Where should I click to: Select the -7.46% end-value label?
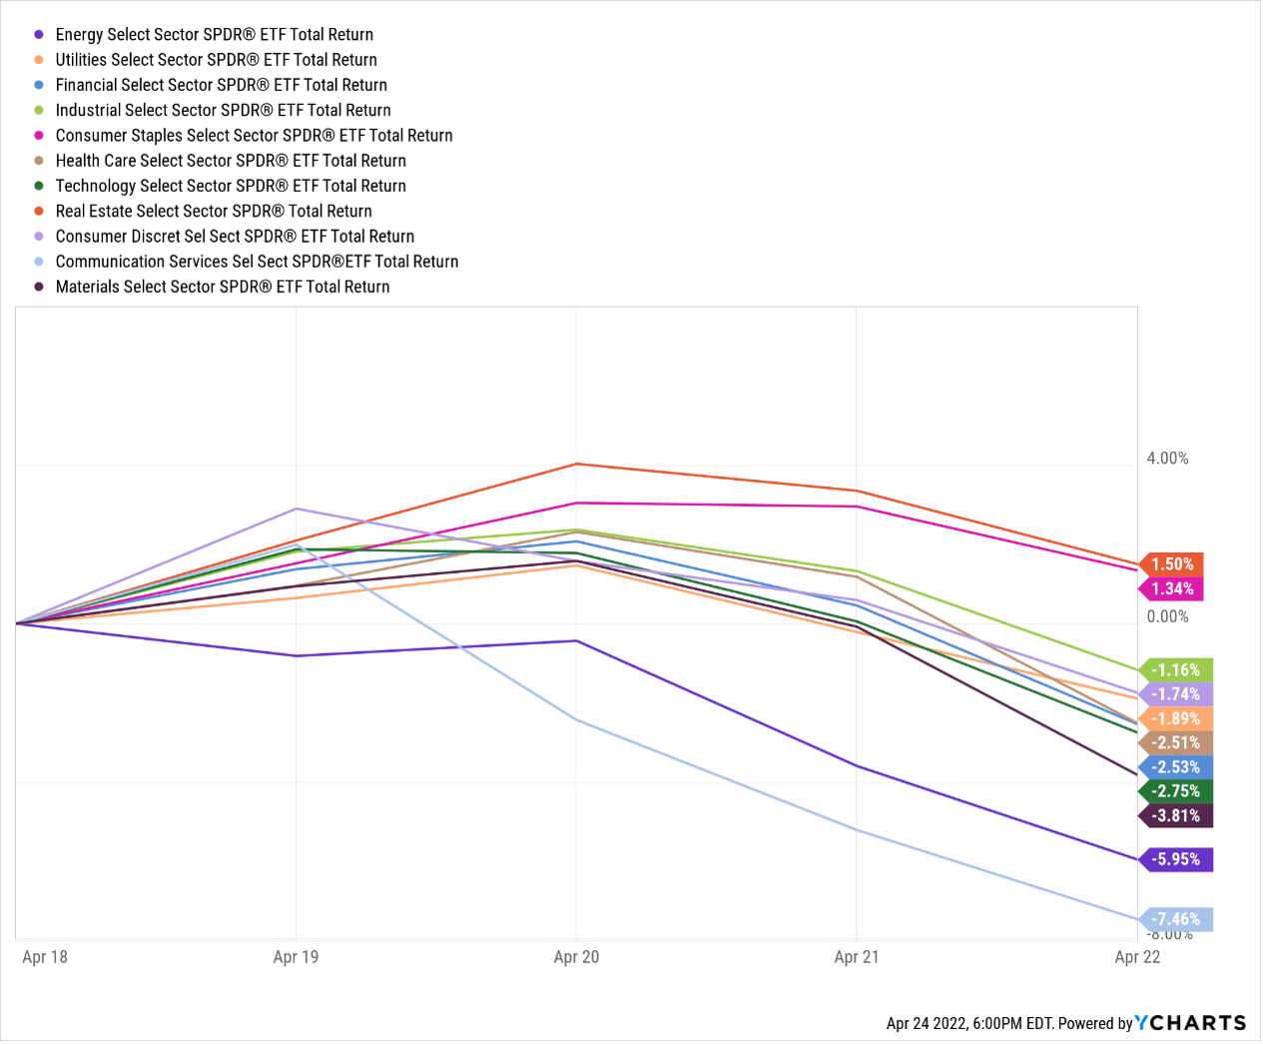pyautogui.click(x=1176, y=919)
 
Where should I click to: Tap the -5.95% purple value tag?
pyautogui.click(x=1176, y=859)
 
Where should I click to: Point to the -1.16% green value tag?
pyautogui.click(x=1176, y=670)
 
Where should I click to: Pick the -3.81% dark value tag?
pyautogui.click(x=1176, y=815)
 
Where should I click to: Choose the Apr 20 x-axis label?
pyautogui.click(x=576, y=957)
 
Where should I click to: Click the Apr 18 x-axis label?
pyautogui.click(x=45, y=957)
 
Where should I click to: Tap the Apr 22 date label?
pyautogui.click(x=1137, y=957)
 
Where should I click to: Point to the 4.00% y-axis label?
pyautogui.click(x=1167, y=459)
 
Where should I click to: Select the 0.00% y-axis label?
pyautogui.click(x=1167, y=616)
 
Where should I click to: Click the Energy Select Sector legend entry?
pyautogui.click(x=214, y=35)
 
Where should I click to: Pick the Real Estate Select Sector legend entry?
pyautogui.click(x=214, y=211)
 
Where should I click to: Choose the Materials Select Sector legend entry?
pyautogui.click(x=223, y=287)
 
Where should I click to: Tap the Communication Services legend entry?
pyautogui.click(x=257, y=262)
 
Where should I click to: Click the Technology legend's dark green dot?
pyautogui.click(x=39, y=186)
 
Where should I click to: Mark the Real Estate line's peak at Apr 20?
pyautogui.click(x=577, y=464)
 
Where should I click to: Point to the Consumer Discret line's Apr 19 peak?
pyautogui.click(x=296, y=509)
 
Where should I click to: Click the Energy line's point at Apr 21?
pyautogui.click(x=857, y=766)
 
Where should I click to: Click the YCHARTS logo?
pyautogui.click(x=1191, y=1022)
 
